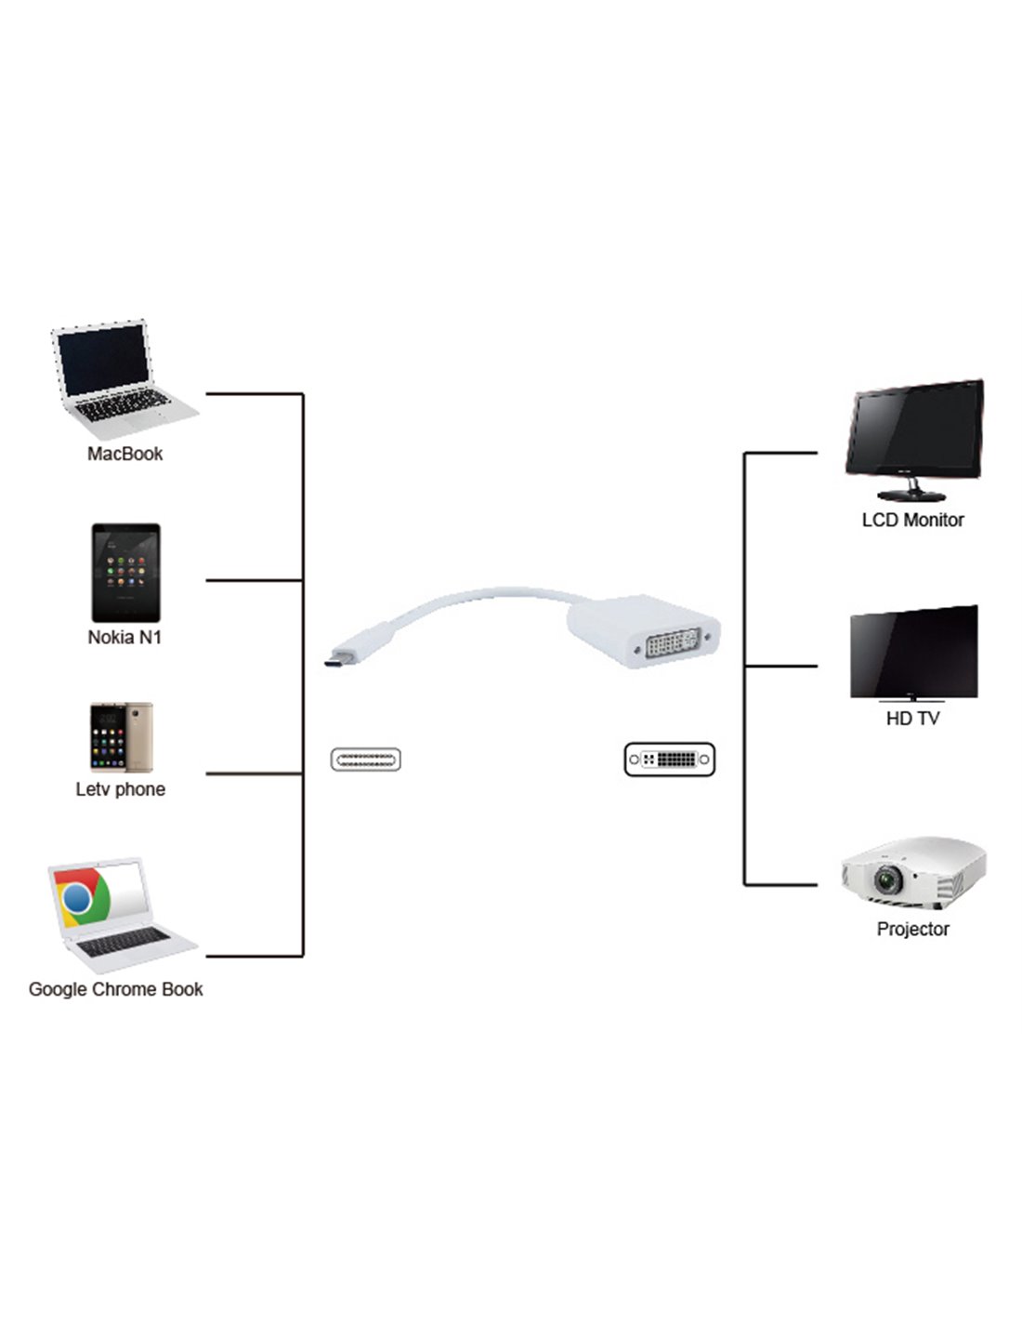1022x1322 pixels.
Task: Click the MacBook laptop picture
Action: point(123,379)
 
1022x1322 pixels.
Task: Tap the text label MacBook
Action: point(124,454)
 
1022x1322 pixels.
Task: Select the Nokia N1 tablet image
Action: point(125,573)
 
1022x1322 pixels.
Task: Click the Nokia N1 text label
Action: point(124,638)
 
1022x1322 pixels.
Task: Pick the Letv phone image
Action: point(121,737)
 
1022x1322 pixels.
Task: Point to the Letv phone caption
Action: point(121,789)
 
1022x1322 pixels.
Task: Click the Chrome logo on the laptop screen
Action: point(78,898)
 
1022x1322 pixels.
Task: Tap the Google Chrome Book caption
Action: point(115,989)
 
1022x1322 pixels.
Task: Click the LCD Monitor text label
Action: point(912,521)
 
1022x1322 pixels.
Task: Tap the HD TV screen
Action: point(913,651)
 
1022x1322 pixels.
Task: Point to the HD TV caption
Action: point(912,719)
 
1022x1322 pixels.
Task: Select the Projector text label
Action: point(912,929)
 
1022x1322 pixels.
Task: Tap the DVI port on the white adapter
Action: point(673,644)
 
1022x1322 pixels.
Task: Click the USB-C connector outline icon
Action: point(365,760)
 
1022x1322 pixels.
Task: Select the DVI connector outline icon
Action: point(670,760)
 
